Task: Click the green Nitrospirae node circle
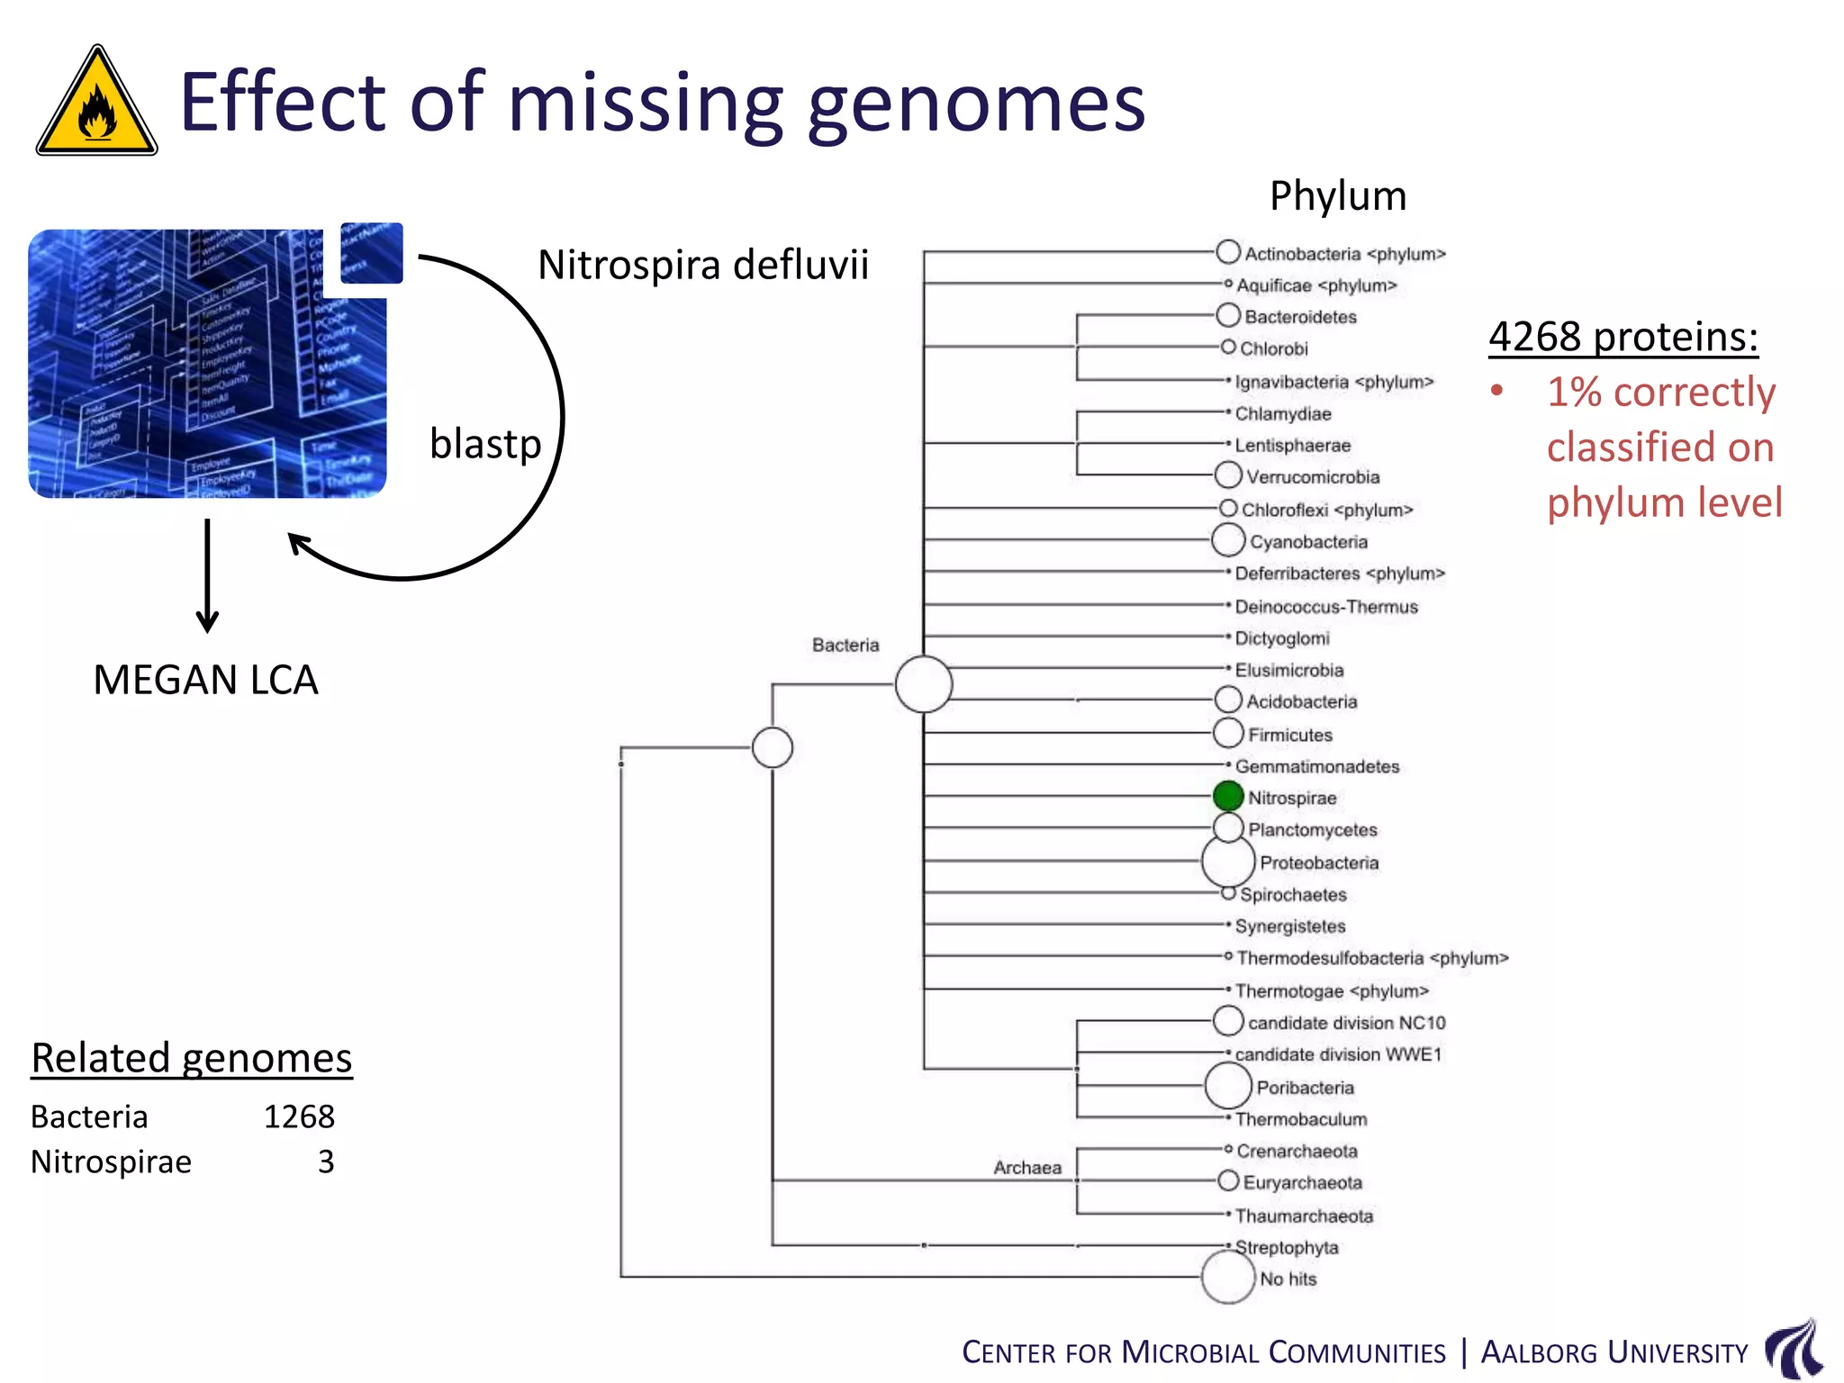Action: click(1227, 796)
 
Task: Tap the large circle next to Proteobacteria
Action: click(1227, 862)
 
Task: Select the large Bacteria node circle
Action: click(923, 684)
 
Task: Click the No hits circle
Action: click(1227, 1277)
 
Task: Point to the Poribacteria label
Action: click(1305, 1088)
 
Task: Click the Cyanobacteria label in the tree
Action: click(1308, 542)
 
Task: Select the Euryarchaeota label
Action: click(1302, 1182)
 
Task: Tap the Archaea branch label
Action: click(1027, 1168)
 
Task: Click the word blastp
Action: click(485, 444)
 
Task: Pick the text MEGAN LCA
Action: click(205, 680)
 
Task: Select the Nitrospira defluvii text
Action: click(703, 266)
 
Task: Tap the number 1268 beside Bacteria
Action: click(299, 1116)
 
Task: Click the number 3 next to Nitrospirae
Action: click(326, 1162)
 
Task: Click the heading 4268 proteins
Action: click(1623, 337)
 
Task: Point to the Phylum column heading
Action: click(1337, 196)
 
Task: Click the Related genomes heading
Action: click(192, 1058)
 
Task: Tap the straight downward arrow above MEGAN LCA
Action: click(207, 575)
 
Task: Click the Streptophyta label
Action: click(1286, 1248)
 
